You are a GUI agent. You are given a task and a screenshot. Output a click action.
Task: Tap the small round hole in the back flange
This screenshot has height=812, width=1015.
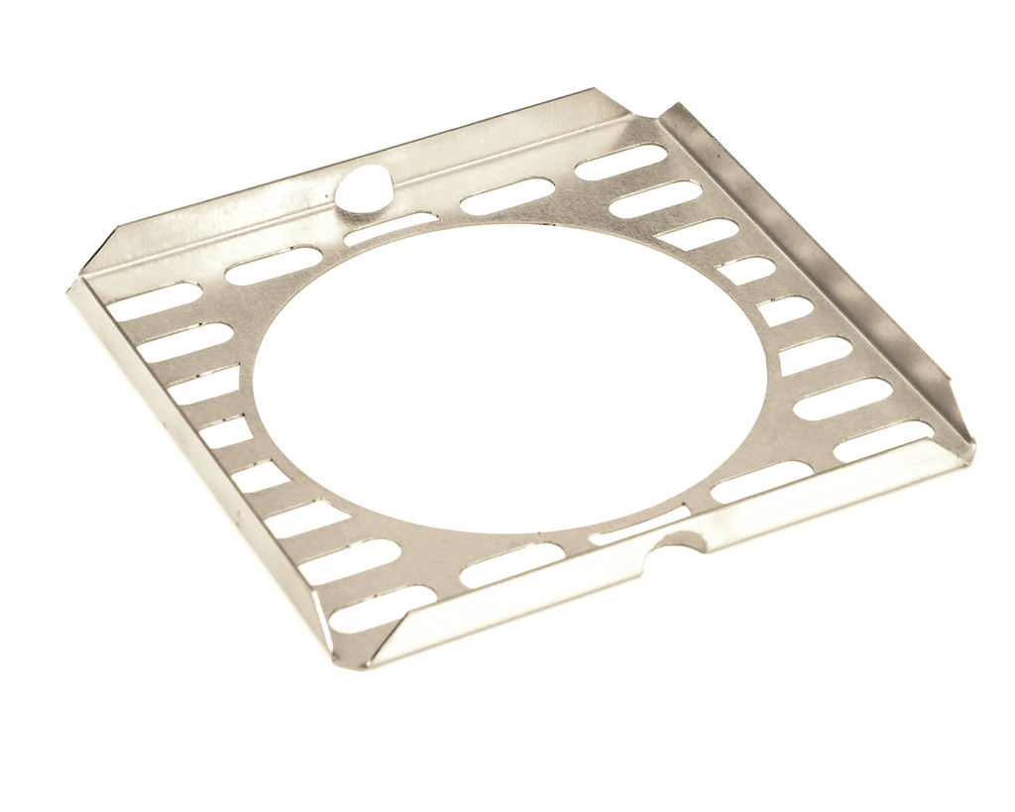pyautogui.click(x=363, y=188)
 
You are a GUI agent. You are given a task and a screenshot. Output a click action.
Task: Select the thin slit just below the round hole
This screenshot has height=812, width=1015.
pyautogui.click(x=391, y=228)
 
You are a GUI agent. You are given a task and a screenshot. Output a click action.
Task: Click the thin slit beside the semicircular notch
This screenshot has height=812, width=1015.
pyautogui.click(x=639, y=525)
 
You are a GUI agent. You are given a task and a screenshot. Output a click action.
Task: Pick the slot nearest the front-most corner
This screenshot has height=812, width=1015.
pyautogui.click(x=383, y=608)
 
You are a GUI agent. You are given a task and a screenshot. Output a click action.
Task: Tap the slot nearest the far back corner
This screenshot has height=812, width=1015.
pyautogui.click(x=620, y=162)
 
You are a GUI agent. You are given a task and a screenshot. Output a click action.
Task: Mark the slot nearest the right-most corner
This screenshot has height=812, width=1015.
pyautogui.click(x=883, y=441)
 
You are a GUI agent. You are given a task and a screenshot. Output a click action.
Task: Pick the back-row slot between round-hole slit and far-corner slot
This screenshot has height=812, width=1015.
pyautogui.click(x=507, y=195)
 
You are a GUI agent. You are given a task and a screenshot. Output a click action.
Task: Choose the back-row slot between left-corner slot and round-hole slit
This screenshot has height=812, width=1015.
pyautogui.click(x=273, y=265)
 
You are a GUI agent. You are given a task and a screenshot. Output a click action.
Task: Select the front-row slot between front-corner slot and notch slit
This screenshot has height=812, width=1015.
pyautogui.click(x=511, y=564)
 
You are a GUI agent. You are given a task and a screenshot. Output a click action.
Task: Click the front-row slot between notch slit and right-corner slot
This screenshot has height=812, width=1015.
pyautogui.click(x=761, y=481)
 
